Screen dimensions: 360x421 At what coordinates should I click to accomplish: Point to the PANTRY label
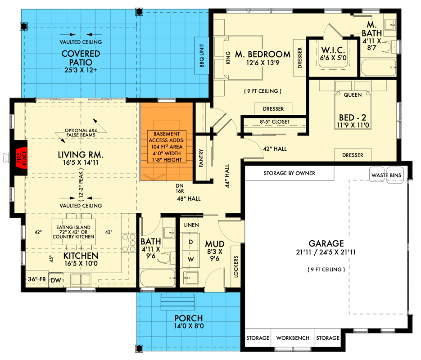[x=201, y=158]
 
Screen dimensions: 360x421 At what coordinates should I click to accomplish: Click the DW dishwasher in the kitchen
[x=55, y=280]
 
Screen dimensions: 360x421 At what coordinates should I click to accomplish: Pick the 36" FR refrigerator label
[x=37, y=279]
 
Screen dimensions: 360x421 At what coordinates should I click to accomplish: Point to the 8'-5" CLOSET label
[x=274, y=122]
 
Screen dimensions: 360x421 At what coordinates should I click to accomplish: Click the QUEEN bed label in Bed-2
[x=352, y=95]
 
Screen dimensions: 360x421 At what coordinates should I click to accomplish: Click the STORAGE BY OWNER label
[x=290, y=173]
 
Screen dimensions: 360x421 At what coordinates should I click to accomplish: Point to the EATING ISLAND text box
[x=73, y=231]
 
